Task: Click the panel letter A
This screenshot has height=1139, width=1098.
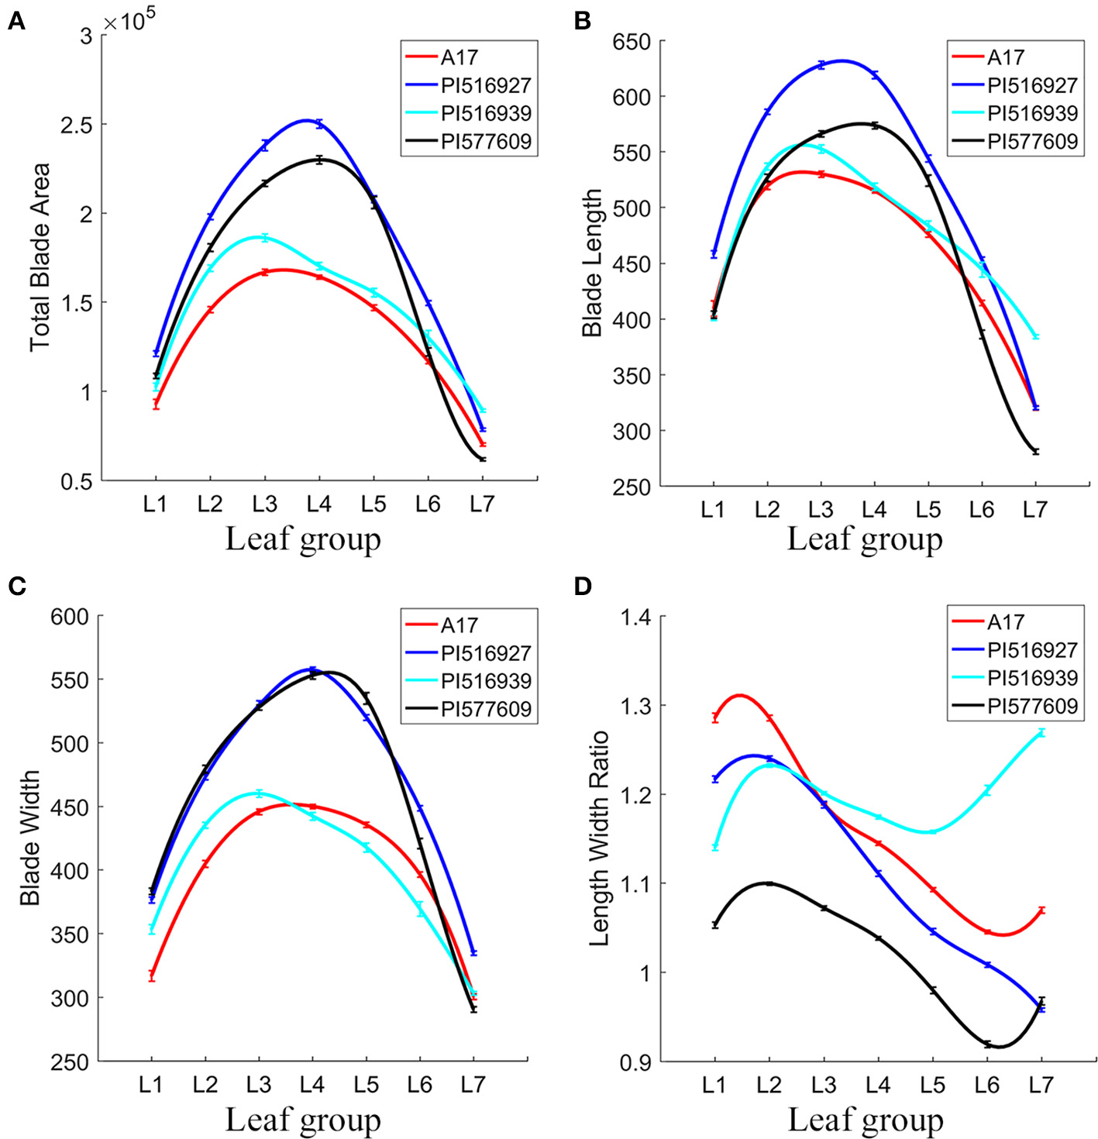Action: [16, 22]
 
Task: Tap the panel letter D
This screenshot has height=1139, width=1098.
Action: [583, 586]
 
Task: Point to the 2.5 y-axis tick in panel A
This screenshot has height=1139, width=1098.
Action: [75, 125]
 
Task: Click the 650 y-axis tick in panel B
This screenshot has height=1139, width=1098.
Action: [630, 42]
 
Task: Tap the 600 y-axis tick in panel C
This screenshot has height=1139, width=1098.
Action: [70, 617]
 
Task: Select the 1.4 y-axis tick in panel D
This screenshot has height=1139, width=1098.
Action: [635, 618]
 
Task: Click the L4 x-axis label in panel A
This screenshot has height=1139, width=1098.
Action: [318, 504]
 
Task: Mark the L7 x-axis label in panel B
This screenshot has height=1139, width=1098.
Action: [1035, 509]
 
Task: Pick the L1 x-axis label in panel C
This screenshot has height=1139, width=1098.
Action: [151, 1084]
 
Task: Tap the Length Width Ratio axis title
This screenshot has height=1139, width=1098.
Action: [600, 838]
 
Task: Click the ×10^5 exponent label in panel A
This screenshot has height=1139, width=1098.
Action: [125, 22]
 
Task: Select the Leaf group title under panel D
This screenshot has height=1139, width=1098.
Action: [866, 1120]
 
